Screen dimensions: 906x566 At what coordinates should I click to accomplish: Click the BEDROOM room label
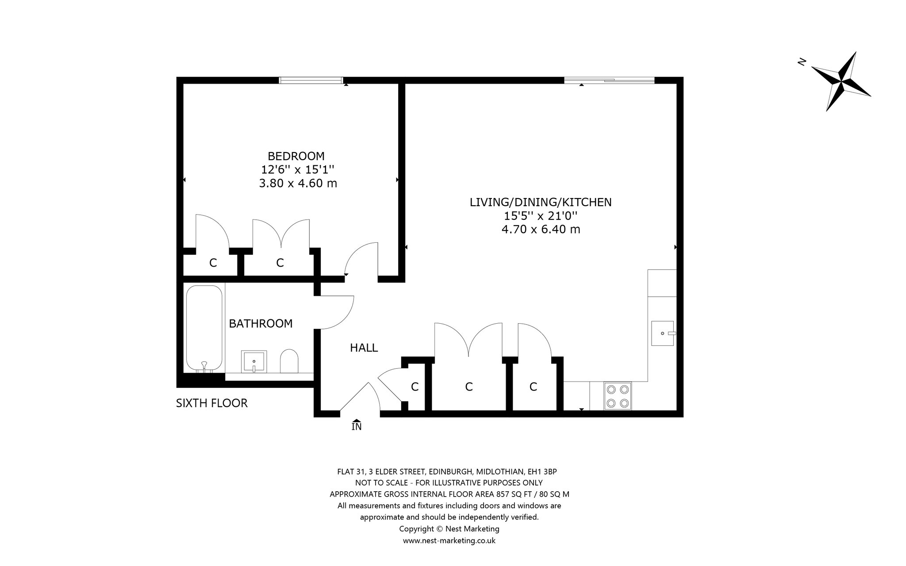point(296,156)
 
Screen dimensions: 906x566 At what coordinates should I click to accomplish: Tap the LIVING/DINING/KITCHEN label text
point(541,203)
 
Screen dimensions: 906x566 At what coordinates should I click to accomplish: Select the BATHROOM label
point(261,324)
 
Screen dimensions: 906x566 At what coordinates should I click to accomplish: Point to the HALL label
point(364,348)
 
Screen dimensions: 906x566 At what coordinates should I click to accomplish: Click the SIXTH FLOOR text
point(212,403)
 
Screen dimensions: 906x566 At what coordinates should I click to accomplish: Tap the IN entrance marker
point(357,425)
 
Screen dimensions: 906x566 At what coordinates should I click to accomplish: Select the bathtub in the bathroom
point(204,329)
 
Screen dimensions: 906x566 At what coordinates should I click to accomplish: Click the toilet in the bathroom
point(289,361)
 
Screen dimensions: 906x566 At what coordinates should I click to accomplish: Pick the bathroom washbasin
point(254,362)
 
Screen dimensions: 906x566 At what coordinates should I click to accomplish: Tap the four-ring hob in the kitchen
point(618,396)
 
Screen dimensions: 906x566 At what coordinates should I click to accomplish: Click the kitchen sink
point(662,333)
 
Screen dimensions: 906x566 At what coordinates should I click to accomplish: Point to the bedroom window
point(311,80)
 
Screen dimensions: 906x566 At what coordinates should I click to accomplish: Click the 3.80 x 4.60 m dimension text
point(298,183)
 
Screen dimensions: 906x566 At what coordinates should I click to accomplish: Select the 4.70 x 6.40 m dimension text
point(541,229)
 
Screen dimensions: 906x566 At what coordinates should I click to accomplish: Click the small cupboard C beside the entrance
point(415,387)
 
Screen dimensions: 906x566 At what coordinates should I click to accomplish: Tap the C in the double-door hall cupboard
point(469,387)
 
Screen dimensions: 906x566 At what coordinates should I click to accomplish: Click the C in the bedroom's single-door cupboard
point(213,263)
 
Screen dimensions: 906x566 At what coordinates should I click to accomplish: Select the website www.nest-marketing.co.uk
point(449,540)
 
